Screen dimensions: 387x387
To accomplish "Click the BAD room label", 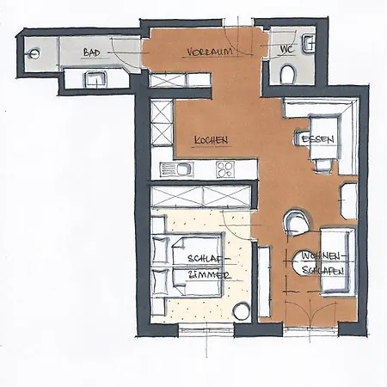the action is point(92,52).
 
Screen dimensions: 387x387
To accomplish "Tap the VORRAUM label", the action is point(210,52).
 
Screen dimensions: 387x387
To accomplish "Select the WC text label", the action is point(287,50).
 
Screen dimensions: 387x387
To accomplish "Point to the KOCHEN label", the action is point(211,140).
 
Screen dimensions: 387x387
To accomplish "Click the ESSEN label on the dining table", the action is point(317,139).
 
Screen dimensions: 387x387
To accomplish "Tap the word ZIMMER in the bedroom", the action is point(209,275).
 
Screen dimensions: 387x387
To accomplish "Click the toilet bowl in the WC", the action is point(287,74).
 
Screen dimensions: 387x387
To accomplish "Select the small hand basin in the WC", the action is point(310,43).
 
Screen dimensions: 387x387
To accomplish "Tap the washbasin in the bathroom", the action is point(95,80).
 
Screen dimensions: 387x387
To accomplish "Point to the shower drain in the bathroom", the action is point(34,53).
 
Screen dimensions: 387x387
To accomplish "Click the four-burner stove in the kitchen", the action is point(225,169).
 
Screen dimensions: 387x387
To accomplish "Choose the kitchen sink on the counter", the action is point(176,169).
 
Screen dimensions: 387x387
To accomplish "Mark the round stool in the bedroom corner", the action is point(241,311).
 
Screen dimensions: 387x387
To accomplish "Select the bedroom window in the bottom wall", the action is point(206,329).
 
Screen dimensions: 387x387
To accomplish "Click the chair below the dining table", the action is point(323,165).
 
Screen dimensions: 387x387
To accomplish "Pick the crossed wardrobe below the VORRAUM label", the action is point(180,80).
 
